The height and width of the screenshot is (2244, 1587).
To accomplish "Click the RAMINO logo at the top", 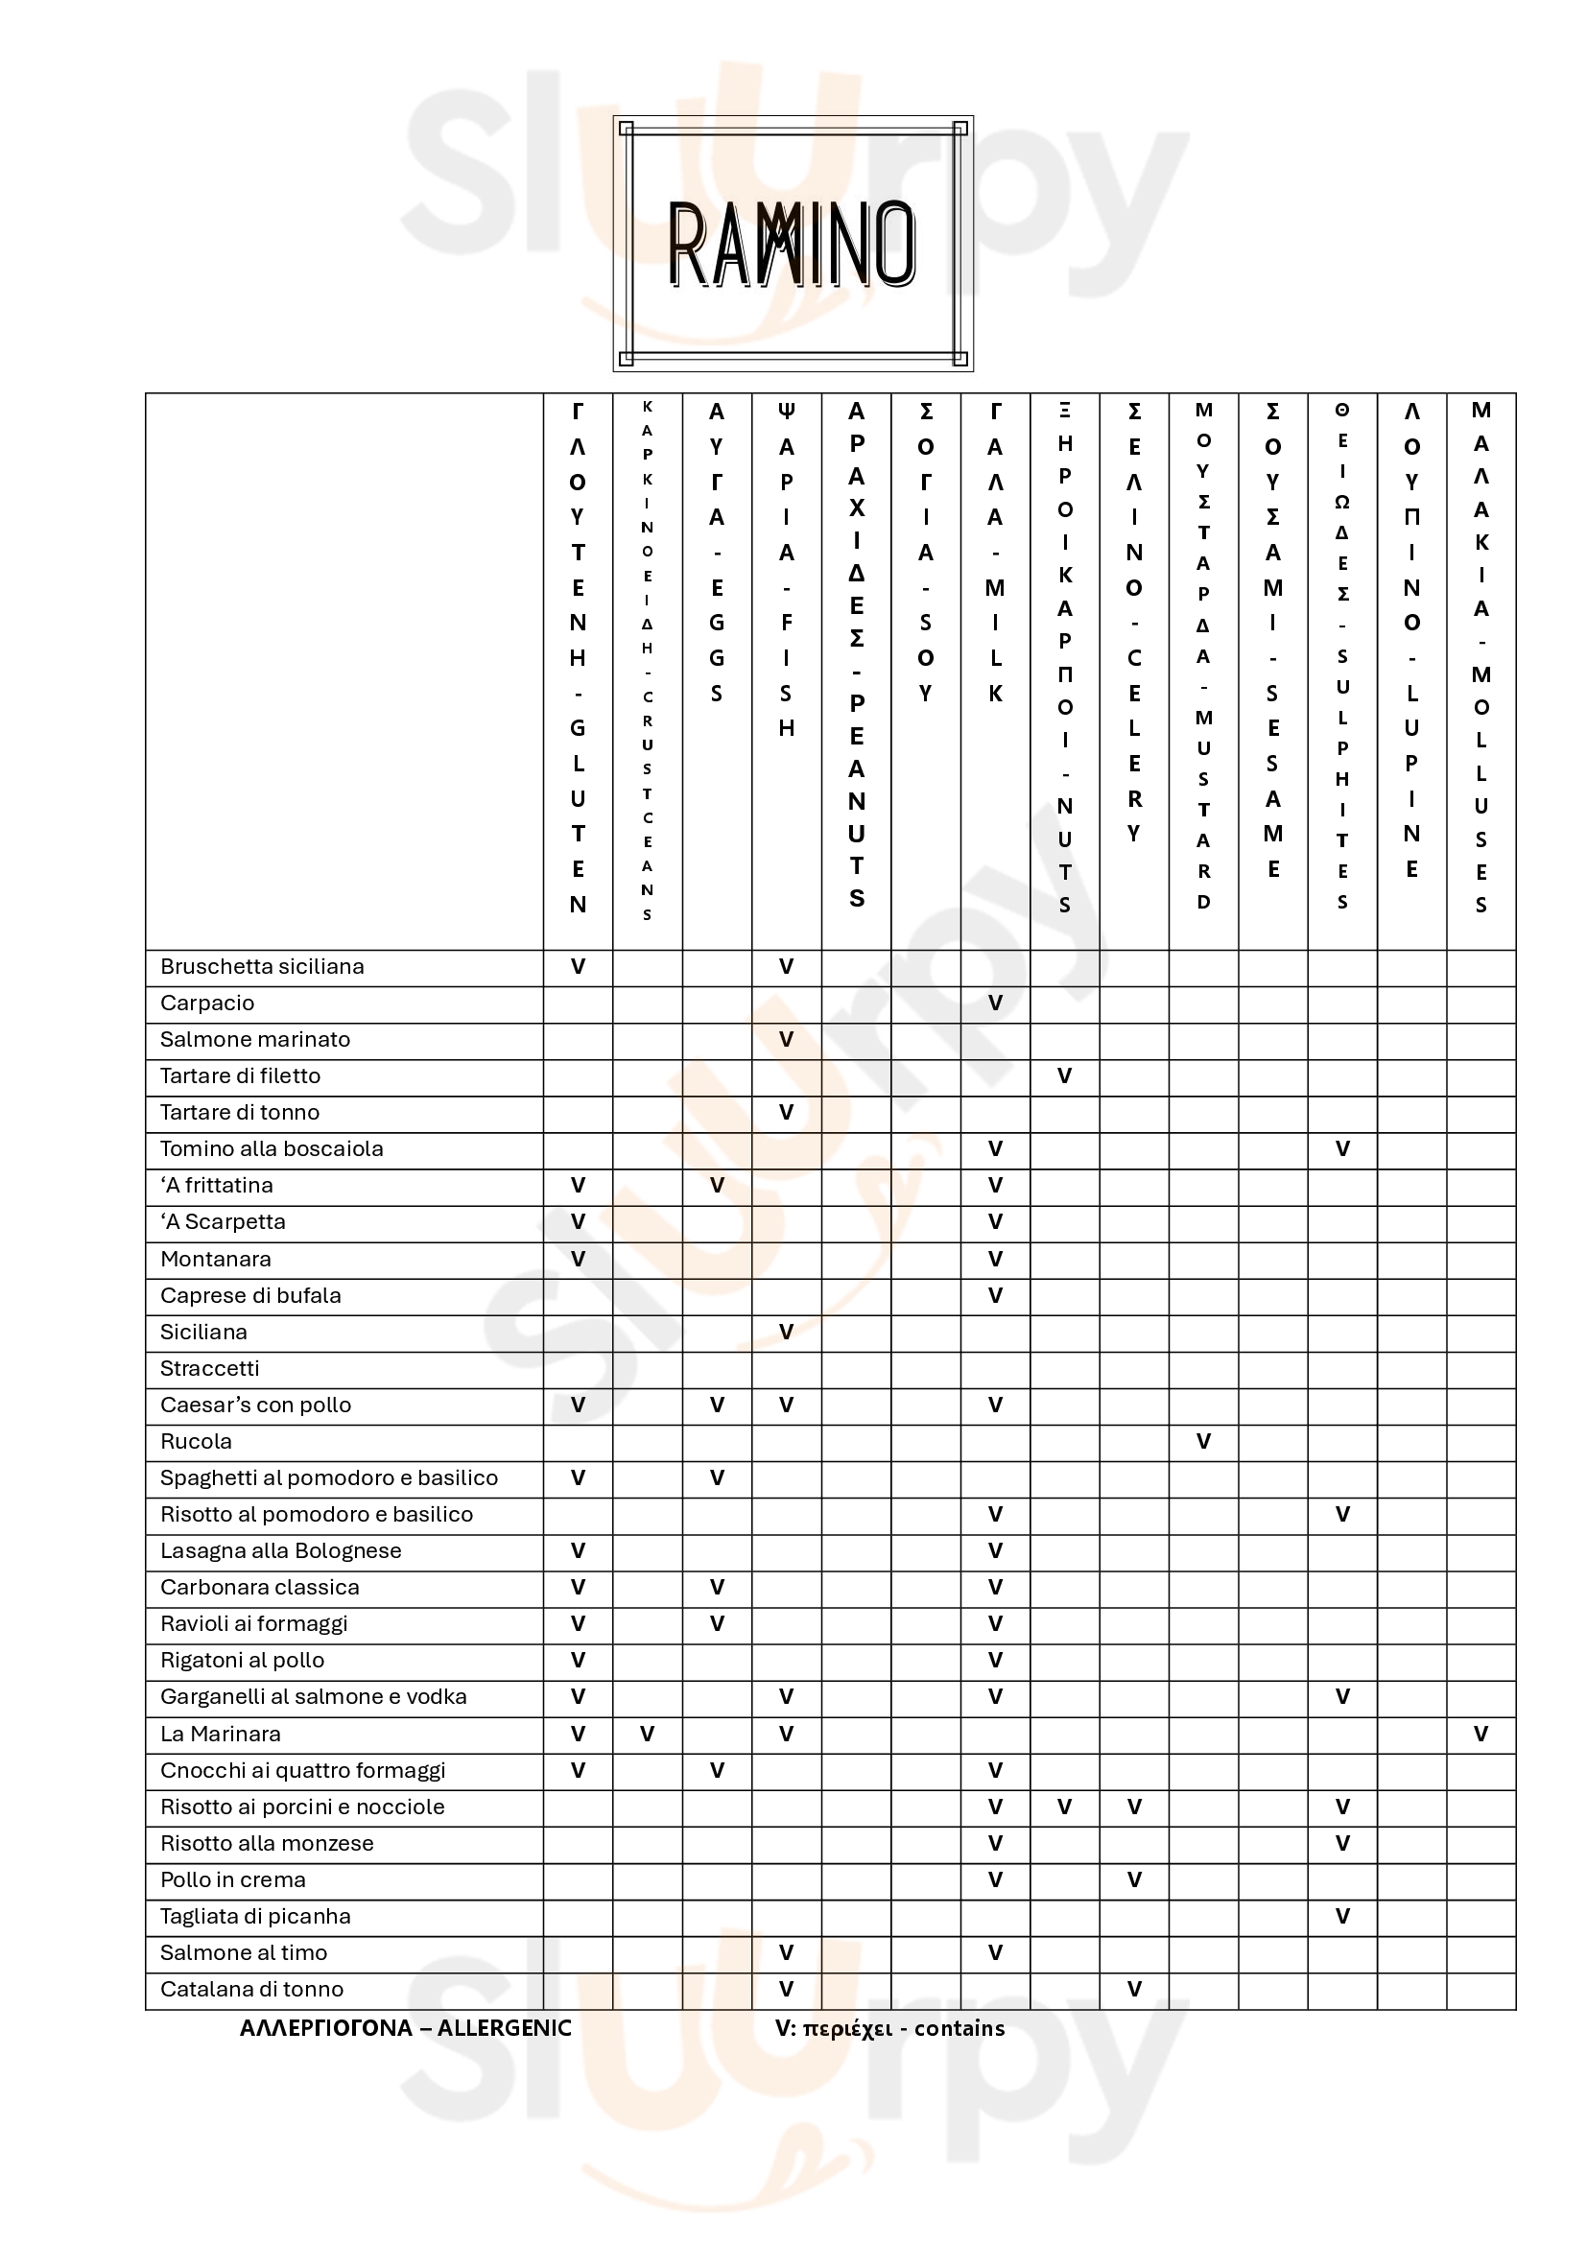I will pos(793,245).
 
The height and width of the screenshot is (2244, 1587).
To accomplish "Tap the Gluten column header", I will pos(578,657).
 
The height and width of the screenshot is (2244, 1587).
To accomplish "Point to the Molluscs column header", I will pos(1480,657).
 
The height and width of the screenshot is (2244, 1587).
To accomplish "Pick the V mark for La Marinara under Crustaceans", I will pos(647,1734).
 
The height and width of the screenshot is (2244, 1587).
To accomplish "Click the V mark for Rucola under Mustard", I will pos(1203,1442).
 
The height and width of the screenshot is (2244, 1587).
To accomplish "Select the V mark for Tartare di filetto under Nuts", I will pos(1064,1076).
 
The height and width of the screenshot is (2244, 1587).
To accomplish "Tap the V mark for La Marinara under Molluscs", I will pos(1480,1734).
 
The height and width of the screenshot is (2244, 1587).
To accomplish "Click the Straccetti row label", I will pos(209,1368).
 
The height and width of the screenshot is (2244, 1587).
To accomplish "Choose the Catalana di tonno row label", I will pos(252,1989).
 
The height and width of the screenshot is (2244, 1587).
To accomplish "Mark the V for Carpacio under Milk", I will pos(995,1003).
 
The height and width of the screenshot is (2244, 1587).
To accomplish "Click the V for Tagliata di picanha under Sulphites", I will pos(1341,1916).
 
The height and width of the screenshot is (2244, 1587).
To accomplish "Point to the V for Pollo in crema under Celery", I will pos(1133,1879).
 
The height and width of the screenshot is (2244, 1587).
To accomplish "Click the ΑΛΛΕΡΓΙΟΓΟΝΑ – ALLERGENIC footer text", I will pos(406,2028).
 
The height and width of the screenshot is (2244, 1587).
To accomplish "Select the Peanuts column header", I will pos(856,657).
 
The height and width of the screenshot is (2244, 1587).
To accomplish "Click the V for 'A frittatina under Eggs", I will pos(717,1186).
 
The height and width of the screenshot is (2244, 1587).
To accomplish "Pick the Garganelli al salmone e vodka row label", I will pos(313,1697).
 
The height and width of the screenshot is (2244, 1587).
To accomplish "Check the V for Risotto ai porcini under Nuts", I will pos(1064,1807).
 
